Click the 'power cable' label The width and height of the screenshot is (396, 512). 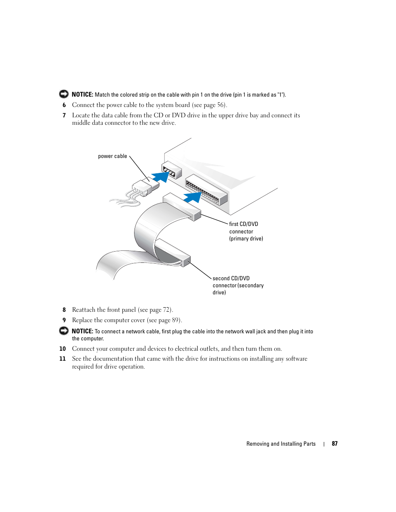click(112, 156)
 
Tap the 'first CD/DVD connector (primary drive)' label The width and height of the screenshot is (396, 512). click(246, 231)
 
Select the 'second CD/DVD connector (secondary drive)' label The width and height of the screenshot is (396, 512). click(238, 285)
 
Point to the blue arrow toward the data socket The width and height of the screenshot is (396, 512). click(193, 197)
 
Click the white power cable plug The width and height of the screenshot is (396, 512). click(145, 188)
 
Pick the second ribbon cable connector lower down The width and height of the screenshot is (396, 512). click(173, 252)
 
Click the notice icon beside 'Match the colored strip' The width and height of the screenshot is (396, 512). click(64, 94)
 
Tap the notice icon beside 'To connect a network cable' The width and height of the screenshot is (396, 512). click(64, 331)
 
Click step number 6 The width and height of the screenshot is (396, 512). click(64, 105)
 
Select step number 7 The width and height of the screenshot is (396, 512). click(64, 116)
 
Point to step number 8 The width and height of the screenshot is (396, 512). click(64, 310)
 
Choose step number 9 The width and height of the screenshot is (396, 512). click(64, 320)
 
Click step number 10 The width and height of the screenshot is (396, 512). click(63, 349)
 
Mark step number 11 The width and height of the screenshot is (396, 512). click(63, 359)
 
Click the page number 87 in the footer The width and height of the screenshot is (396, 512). click(335, 444)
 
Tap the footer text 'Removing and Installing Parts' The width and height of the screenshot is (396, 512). click(281, 444)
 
